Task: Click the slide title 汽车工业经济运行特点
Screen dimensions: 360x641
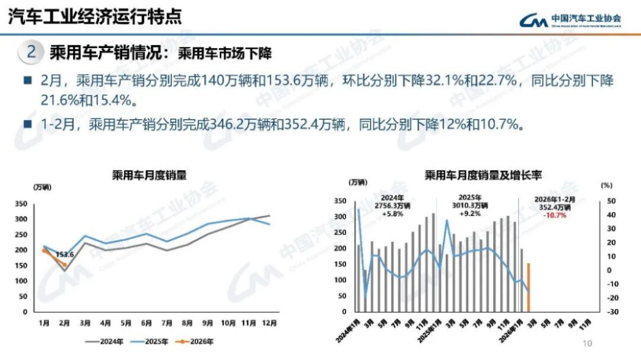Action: [x=95, y=16]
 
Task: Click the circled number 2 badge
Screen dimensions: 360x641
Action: [x=31, y=53]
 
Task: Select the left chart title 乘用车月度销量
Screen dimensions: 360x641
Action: [x=149, y=175]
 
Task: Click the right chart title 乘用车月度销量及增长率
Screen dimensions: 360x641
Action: [x=483, y=175]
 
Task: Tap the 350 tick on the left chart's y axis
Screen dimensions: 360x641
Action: [x=21, y=204]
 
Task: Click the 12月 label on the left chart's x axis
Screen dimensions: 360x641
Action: [x=270, y=323]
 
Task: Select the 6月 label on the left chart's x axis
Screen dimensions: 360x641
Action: [x=147, y=323]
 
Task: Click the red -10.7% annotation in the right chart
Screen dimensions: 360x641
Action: [x=554, y=215]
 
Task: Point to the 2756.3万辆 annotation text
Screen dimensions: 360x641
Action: [x=392, y=206]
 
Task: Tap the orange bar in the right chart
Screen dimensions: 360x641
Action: [x=528, y=288]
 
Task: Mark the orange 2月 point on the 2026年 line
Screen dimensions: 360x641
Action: [x=65, y=265]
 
